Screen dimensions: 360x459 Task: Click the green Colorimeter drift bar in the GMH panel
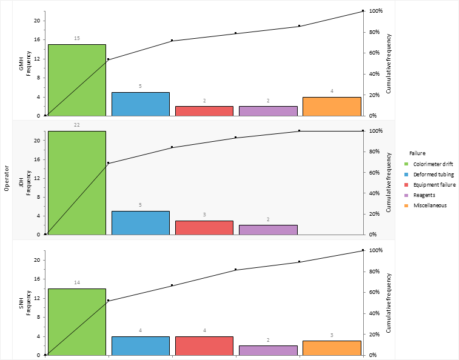pyautogui.click(x=77, y=80)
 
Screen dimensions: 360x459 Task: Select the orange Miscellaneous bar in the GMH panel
pyautogui.click(x=332, y=106)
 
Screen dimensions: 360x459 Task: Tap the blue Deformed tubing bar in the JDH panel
pyautogui.click(x=141, y=222)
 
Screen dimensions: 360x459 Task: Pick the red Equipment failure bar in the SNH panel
pyautogui.click(x=204, y=345)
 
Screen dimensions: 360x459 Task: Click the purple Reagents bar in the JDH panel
pyautogui.click(x=268, y=230)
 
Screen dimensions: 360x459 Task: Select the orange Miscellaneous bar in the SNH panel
pyautogui.click(x=332, y=348)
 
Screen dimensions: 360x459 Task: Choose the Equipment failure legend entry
pyautogui.click(x=434, y=185)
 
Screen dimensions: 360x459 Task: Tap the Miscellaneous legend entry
pyautogui.click(x=430, y=205)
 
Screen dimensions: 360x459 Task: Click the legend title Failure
pyautogui.click(x=418, y=153)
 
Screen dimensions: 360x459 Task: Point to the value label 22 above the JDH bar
pyautogui.click(x=77, y=125)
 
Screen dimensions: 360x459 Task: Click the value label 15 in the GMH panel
pyautogui.click(x=77, y=38)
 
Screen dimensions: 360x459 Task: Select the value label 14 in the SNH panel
pyautogui.click(x=77, y=282)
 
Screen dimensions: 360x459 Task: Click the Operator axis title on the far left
pyautogui.click(x=6, y=179)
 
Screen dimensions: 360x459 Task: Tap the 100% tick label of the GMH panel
pyautogui.click(x=376, y=11)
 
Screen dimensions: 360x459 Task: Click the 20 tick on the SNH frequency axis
pyautogui.click(x=36, y=260)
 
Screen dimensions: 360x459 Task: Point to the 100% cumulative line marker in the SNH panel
pyautogui.click(x=363, y=250)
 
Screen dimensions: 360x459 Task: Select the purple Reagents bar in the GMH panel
pyautogui.click(x=268, y=111)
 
